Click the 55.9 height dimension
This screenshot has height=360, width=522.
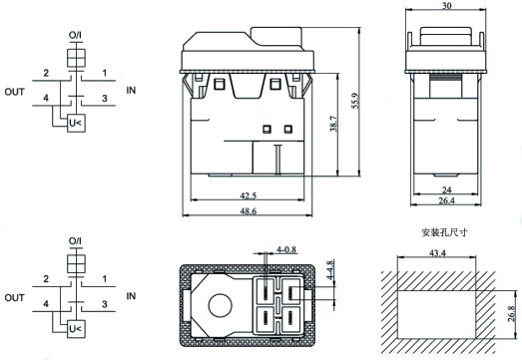coord(355,101)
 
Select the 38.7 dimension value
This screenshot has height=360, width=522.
coord(333,124)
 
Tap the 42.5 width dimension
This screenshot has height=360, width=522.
coord(249,195)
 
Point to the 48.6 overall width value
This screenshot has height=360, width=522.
coord(249,211)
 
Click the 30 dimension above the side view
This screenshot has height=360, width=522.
coord(446,6)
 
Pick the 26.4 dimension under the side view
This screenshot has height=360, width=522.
coord(446,200)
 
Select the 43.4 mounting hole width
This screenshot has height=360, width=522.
coord(437,253)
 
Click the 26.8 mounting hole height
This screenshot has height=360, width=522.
coord(512,313)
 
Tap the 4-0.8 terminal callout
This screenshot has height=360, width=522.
coord(286,249)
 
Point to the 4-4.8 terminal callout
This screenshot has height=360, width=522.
coord(330,269)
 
